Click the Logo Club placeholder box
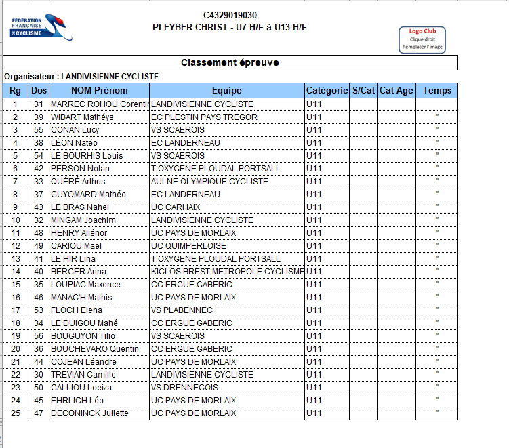tap(422, 39)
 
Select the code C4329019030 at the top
tap(230, 15)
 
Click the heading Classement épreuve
tap(230, 62)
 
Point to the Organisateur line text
tap(81, 77)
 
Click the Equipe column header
tap(226, 90)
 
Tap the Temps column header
tap(436, 90)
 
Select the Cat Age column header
tap(396, 90)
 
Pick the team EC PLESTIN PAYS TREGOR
tap(204, 117)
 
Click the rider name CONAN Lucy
tap(76, 130)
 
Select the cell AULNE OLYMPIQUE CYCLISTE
tap(209, 182)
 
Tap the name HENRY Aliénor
tap(79, 233)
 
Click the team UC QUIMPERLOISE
tap(188, 246)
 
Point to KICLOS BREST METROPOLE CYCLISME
tap(227, 272)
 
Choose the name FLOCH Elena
tap(77, 310)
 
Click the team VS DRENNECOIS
tap(184, 388)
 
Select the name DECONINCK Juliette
tap(89, 413)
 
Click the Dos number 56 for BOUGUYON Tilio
tap(39, 336)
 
